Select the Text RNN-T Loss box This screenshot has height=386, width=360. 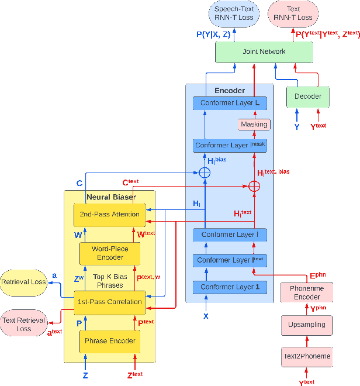point(293,13)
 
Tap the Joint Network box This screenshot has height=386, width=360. point(264,52)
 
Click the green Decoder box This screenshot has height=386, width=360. point(307,96)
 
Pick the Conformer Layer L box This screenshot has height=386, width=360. point(230,104)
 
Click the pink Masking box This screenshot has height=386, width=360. point(254,124)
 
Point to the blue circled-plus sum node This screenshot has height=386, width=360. point(205,173)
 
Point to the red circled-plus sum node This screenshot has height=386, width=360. point(254,187)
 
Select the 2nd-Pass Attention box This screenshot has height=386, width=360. point(109,214)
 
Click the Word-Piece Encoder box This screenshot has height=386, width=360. point(110,253)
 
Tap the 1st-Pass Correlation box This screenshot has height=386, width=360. point(109,302)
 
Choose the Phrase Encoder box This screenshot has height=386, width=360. point(110,341)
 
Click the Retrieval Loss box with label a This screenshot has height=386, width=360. point(23,282)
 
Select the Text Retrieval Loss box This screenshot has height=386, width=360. point(24,324)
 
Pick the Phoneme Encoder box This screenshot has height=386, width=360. point(307,292)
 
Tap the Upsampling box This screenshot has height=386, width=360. point(307,325)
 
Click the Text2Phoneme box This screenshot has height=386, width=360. point(307,356)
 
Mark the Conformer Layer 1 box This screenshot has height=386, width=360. point(230,287)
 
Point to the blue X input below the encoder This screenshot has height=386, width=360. point(206,316)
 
